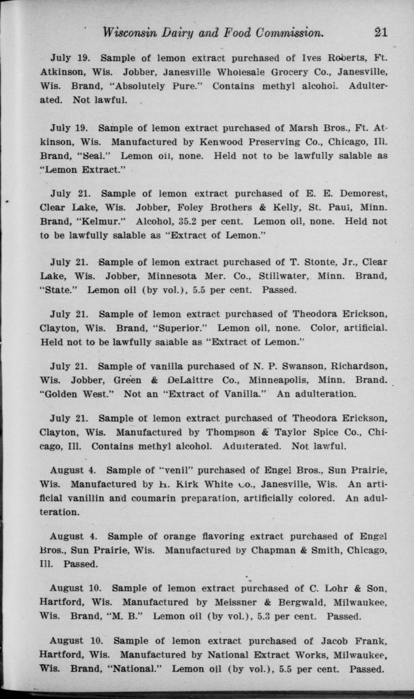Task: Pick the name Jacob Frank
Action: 358,641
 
